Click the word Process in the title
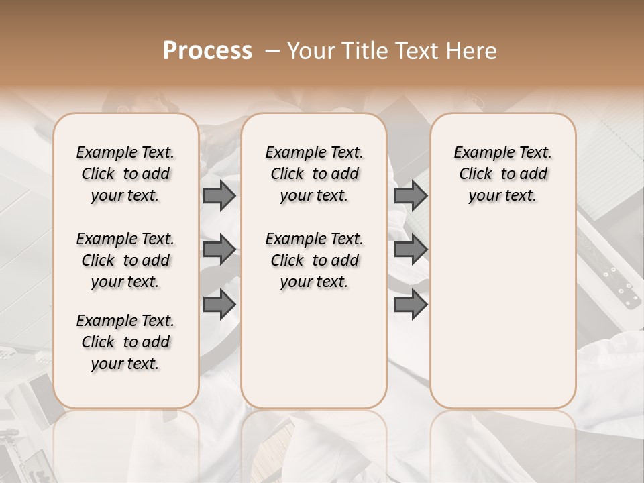[207, 51]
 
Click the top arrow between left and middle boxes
[219, 195]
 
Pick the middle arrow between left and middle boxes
[219, 250]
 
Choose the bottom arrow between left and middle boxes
[219, 305]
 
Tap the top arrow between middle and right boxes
[411, 195]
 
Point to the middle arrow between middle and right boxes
[411, 250]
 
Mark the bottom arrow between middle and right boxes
[411, 305]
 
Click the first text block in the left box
[125, 174]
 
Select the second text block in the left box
[125, 260]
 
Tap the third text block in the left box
[125, 342]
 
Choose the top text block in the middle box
[314, 174]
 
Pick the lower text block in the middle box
[314, 260]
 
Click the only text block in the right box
[502, 174]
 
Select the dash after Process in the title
[272, 51]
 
